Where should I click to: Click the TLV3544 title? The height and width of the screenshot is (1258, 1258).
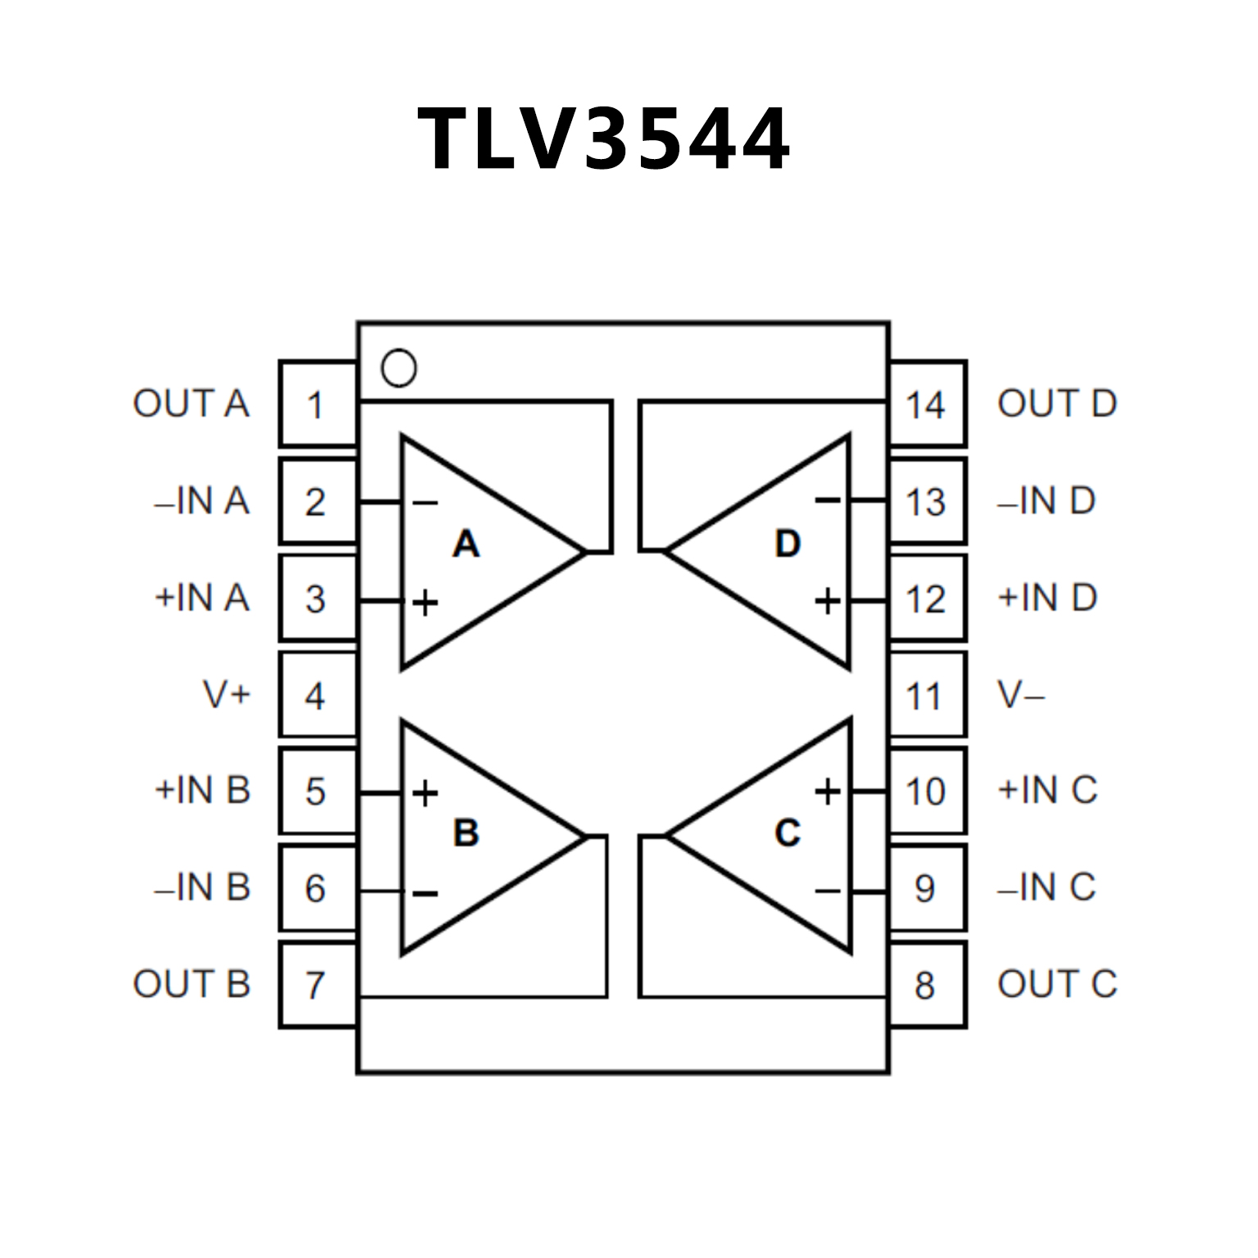tap(604, 139)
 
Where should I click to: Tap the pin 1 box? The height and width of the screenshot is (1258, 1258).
tap(318, 404)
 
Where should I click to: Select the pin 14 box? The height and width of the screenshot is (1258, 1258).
tap(928, 404)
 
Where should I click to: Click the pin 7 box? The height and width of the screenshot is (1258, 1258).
tap(318, 984)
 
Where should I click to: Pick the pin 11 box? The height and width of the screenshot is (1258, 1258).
tap(928, 696)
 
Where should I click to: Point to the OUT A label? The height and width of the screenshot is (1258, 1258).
tap(191, 404)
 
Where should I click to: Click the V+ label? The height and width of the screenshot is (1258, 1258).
tap(226, 695)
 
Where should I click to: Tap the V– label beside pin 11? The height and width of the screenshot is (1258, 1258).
tap(1021, 696)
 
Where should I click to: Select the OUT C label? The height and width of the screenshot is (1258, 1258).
tap(1057, 984)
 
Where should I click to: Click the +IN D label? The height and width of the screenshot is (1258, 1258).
tap(1047, 597)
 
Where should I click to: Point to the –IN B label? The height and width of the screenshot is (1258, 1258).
tap(202, 888)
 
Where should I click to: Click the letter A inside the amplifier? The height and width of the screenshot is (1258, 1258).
tap(466, 544)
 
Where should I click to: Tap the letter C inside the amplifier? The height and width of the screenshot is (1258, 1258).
tap(787, 833)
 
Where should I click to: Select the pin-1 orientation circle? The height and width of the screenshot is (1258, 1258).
tap(399, 369)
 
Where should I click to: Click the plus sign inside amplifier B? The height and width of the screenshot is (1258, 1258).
tap(425, 792)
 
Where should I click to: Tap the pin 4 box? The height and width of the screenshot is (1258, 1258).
tap(318, 696)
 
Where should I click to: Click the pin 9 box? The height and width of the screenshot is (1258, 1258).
tap(928, 888)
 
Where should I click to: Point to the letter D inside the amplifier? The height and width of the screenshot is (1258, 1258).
tap(787, 544)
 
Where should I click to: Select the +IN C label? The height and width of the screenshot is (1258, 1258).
tap(1047, 791)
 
